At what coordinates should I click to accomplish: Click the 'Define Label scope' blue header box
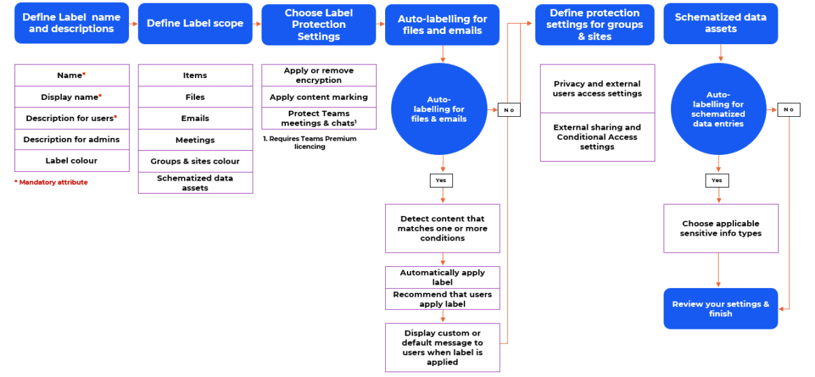click(195, 24)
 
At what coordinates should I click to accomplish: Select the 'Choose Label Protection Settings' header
click(319, 24)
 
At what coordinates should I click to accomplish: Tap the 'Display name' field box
click(71, 97)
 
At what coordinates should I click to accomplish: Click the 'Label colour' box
click(71, 161)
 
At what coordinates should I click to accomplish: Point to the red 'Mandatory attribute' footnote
click(51, 182)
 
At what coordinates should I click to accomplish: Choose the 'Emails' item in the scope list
click(195, 118)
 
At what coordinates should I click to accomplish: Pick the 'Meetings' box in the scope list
click(195, 140)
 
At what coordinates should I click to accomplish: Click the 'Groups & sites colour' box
click(195, 162)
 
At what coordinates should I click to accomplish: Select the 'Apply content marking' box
click(319, 97)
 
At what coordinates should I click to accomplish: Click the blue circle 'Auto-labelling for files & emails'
click(442, 109)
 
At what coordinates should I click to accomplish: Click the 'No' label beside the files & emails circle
click(509, 109)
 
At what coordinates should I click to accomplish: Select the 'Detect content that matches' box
click(442, 228)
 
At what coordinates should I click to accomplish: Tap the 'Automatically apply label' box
click(442, 277)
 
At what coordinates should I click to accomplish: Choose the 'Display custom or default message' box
click(442, 347)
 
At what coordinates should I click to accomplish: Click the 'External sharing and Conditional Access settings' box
click(597, 137)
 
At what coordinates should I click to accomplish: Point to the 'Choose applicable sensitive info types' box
click(721, 228)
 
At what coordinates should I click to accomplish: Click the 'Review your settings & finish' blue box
click(721, 309)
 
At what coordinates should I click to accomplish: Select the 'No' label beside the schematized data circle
click(789, 109)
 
